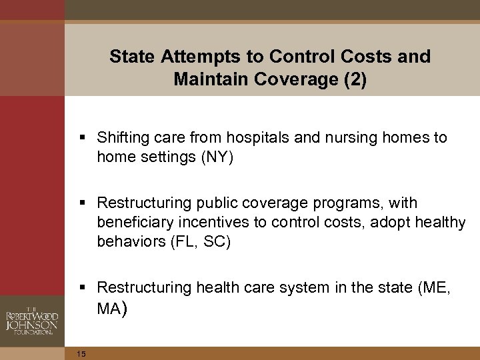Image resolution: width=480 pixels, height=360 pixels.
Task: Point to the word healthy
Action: coord(444,222)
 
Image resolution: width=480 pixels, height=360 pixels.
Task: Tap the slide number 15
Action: coord(81,353)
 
